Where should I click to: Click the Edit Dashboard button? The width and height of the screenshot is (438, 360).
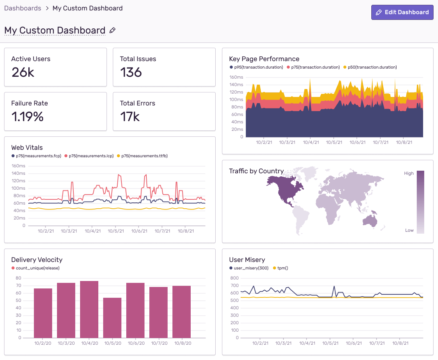402,12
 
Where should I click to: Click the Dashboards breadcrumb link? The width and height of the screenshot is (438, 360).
23,8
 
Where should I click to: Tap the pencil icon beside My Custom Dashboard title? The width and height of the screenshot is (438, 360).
112,31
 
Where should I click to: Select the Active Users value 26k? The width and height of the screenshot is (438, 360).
23,72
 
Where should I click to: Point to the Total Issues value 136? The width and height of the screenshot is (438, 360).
131,72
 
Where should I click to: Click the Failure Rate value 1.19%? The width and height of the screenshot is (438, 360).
27,117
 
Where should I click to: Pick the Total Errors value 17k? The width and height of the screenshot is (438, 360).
130,117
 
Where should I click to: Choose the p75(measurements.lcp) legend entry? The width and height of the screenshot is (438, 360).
91,156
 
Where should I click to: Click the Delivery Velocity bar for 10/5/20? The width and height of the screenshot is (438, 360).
112,318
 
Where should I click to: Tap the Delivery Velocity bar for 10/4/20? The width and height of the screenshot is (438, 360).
89,309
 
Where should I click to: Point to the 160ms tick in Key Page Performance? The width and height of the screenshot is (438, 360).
236,78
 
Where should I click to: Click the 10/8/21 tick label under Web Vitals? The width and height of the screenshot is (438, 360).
186,231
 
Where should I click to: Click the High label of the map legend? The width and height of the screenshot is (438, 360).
409,173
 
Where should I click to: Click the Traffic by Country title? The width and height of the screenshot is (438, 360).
256,171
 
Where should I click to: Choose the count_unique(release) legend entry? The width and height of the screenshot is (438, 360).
37,268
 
